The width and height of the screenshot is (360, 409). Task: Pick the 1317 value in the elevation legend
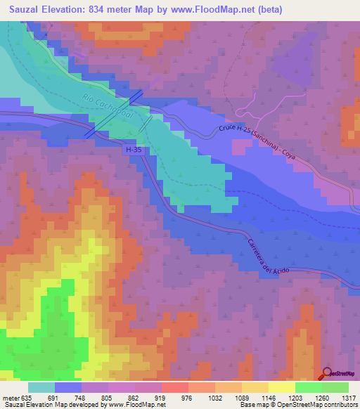pyautogui.click(x=349, y=396)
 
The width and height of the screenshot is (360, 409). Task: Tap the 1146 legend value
pyautogui.click(x=255, y=396)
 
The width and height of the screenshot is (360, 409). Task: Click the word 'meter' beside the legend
pyautogui.click(x=11, y=396)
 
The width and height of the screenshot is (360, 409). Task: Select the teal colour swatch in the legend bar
pyautogui.click(x=41, y=387)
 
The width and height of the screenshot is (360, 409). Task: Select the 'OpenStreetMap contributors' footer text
pyautogui.click(x=321, y=405)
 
